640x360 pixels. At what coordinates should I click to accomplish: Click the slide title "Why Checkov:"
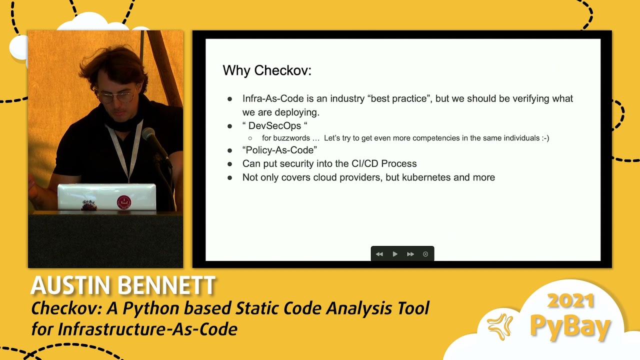[266, 70]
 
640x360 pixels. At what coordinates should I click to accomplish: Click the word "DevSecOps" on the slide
[274, 126]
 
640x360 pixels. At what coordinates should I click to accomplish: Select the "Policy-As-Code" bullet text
[279, 150]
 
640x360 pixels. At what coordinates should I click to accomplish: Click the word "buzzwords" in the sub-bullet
[291, 138]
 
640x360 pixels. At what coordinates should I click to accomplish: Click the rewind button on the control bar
[379, 254]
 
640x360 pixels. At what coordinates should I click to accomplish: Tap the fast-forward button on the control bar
[410, 254]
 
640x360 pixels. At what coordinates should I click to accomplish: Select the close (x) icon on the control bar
[425, 254]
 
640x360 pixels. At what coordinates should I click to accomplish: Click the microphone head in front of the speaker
[148, 134]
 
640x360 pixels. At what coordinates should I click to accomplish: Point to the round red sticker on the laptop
[123, 202]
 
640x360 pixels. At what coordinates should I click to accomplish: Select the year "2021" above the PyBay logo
[571, 301]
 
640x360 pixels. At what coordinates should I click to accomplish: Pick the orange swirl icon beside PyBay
[500, 326]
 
